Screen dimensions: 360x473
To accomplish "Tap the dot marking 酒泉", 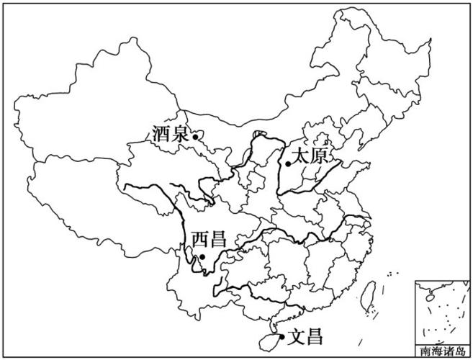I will [195, 135].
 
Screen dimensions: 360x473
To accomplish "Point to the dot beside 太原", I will [288, 163].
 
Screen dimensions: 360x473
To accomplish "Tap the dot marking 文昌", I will [281, 336].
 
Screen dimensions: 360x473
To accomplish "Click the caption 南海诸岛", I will [442, 353].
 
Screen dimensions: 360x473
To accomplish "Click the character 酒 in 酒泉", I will [162, 134].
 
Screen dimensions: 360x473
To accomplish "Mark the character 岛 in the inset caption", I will [460, 353].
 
